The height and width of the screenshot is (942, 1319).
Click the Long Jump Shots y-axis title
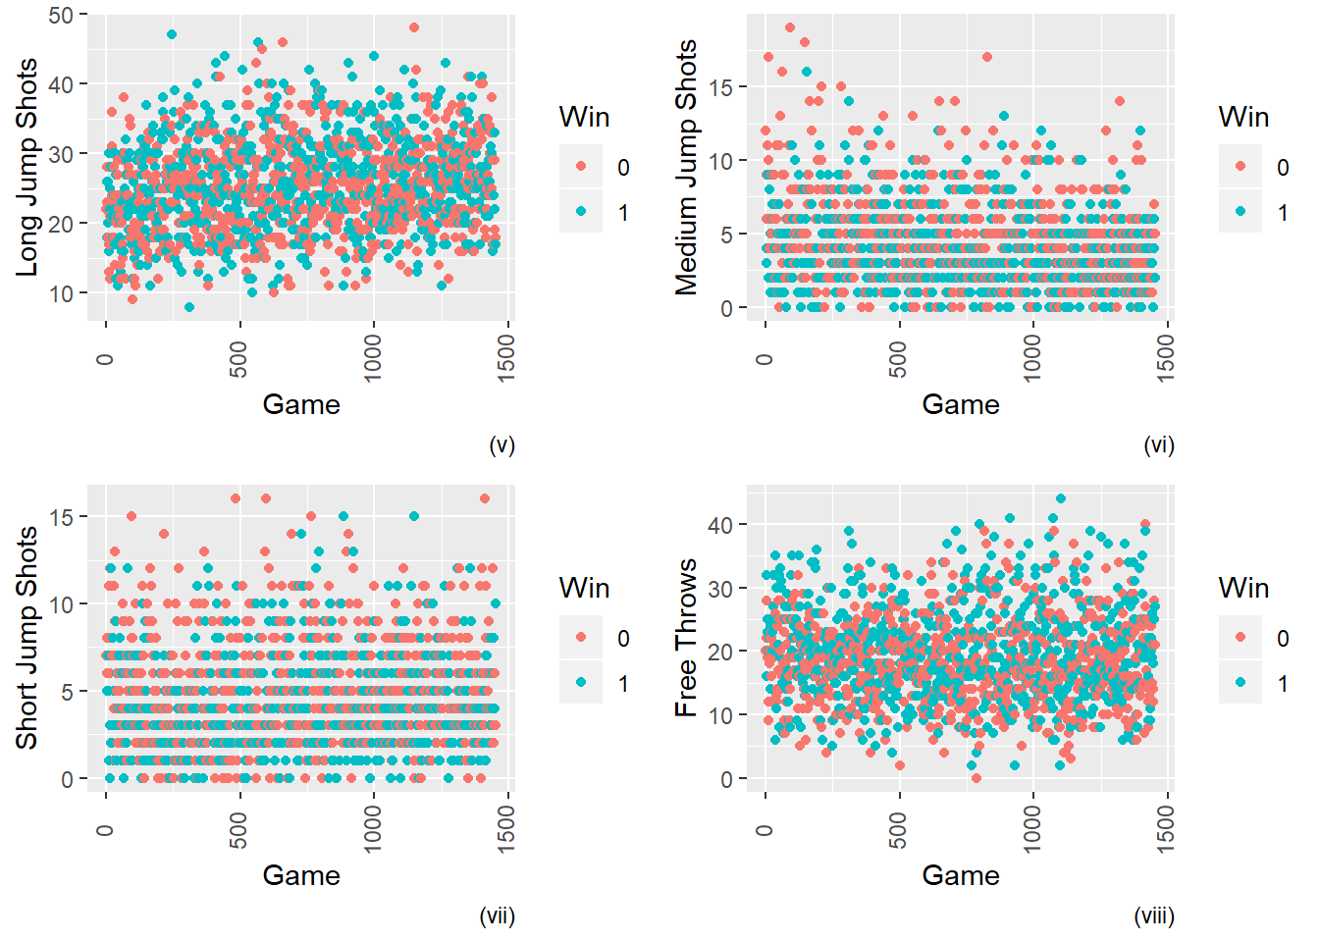tap(27, 167)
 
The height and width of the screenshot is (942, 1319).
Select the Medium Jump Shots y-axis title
tap(686, 167)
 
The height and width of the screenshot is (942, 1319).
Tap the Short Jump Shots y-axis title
tap(27, 638)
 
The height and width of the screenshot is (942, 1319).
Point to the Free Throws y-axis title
tap(686, 638)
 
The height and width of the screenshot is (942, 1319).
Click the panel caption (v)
tap(501, 445)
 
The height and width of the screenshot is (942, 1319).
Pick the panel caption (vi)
tap(1159, 445)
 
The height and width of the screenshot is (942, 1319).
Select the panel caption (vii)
tap(497, 916)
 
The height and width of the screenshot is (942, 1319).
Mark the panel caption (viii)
tap(1154, 916)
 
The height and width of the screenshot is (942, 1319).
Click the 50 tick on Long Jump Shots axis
tap(61, 15)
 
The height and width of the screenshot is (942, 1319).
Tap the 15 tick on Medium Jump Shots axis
tap(720, 87)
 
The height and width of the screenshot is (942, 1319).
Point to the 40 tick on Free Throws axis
tap(720, 525)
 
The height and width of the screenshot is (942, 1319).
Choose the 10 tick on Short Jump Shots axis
tap(61, 604)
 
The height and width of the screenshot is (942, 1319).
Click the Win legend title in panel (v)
tap(584, 117)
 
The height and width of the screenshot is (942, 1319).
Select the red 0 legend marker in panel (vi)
tap(1240, 167)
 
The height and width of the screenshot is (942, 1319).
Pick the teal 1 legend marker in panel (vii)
tap(582, 683)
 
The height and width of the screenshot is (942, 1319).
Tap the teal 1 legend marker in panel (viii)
tap(1240, 683)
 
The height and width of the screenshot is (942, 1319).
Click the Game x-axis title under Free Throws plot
tap(961, 875)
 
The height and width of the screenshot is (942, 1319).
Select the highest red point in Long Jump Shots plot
tap(414, 27)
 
